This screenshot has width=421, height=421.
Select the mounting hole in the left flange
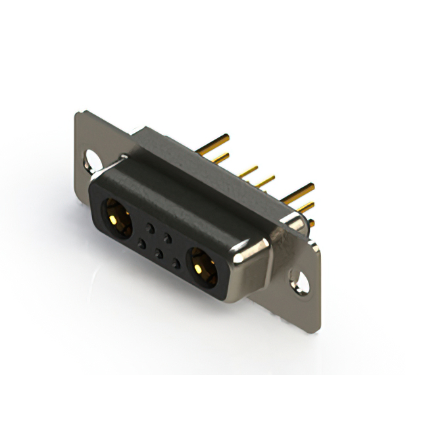tap(91, 159)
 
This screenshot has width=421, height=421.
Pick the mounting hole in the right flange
tap(300, 283)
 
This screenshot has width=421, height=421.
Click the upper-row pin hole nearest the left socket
tap(151, 228)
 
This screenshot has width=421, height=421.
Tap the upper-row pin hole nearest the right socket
tap(168, 238)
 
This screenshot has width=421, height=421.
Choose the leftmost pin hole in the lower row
tap(141, 243)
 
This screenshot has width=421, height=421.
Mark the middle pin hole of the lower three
tap(158, 253)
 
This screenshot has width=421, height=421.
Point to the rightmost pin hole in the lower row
tap(176, 264)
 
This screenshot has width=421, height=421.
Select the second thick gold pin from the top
tap(220, 158)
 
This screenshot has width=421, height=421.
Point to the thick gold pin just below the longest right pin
tap(304, 207)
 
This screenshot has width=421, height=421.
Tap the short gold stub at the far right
tap(310, 224)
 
